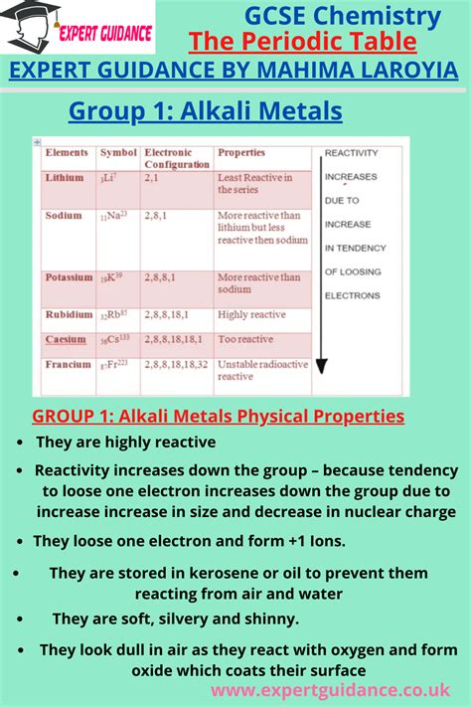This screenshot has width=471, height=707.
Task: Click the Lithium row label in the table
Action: point(64,178)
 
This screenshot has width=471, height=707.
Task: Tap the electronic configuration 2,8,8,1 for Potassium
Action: point(162,277)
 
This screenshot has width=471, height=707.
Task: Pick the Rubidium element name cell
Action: point(69,314)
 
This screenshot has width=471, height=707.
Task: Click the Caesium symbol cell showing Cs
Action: point(115,340)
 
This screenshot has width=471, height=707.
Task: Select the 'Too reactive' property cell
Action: point(246,339)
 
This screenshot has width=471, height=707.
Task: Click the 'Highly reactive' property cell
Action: point(252,314)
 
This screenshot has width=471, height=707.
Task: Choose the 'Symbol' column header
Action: point(118,153)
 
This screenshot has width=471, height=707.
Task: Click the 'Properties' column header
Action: point(241,153)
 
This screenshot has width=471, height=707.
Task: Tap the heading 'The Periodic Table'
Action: point(302,43)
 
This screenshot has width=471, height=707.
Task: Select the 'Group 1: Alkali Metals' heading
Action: point(205,111)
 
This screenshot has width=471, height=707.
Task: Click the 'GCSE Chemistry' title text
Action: point(343,15)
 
